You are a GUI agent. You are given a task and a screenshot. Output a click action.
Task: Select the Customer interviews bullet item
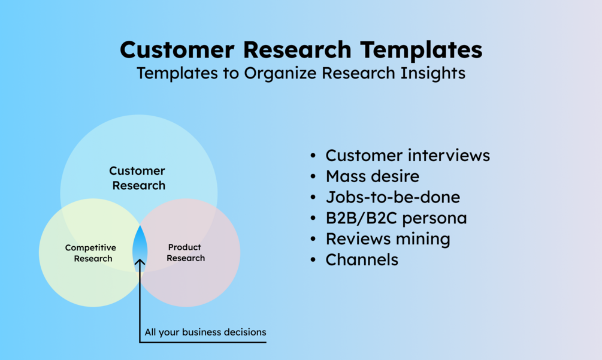coord(407,156)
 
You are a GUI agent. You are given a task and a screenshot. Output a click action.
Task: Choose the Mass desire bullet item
coord(372,177)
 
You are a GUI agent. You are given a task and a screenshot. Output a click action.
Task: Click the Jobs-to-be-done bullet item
coord(392,197)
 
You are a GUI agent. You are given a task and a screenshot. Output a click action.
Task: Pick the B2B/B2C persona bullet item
coord(396,218)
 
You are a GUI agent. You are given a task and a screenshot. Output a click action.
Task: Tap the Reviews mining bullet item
coord(388,239)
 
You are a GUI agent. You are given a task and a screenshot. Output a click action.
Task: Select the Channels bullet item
coord(362,259)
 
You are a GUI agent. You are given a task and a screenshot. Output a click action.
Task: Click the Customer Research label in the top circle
coord(138,179)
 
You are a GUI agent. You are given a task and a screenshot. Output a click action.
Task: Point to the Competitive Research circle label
coord(91,253)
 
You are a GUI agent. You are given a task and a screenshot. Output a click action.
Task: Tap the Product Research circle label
coord(185,253)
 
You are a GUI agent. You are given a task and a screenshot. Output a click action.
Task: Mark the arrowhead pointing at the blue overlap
coord(140,262)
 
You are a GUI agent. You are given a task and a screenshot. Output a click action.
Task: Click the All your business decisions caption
coord(205,332)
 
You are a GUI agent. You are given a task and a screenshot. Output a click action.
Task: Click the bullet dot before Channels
coord(313,260)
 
